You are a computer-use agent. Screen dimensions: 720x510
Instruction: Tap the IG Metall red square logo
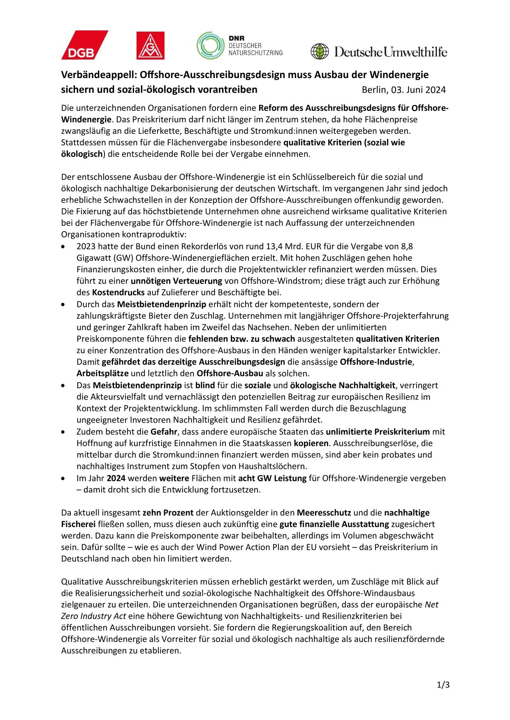click(x=151, y=45)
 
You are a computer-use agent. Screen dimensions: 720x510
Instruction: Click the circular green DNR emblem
click(x=210, y=46)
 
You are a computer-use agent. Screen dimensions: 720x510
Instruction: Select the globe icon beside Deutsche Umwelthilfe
click(x=319, y=52)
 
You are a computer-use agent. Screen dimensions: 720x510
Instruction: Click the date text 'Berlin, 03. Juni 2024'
click(x=403, y=90)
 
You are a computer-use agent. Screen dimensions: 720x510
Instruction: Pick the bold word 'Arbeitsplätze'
click(x=102, y=373)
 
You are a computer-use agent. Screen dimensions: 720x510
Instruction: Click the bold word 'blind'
click(x=205, y=385)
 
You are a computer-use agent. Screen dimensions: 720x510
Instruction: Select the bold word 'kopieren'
click(x=311, y=443)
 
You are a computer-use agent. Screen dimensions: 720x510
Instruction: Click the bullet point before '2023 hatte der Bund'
click(x=63, y=247)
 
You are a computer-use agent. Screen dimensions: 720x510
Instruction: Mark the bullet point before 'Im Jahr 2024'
click(x=63, y=478)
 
